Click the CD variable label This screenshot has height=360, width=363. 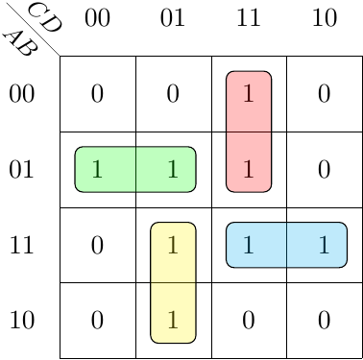pyautogui.click(x=44, y=17)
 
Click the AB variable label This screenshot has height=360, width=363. pyautogui.click(x=21, y=44)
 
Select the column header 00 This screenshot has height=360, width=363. pyautogui.click(x=97, y=18)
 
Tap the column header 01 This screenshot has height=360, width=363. pyautogui.click(x=173, y=18)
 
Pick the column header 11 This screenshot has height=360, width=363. pyautogui.click(x=248, y=18)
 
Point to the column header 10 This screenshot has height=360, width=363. pyautogui.click(x=325, y=18)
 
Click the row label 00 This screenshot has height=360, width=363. pyautogui.click(x=21, y=94)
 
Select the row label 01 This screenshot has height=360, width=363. pyautogui.click(x=21, y=169)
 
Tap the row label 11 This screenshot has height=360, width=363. pyautogui.click(x=22, y=245)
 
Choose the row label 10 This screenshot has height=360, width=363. pyautogui.click(x=22, y=321)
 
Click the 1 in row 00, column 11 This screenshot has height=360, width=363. pyautogui.click(x=249, y=94)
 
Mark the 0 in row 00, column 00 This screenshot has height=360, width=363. pyautogui.click(x=97, y=94)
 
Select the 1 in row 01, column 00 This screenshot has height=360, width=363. pyautogui.click(x=97, y=169)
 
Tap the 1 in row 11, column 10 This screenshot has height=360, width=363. pyautogui.click(x=325, y=245)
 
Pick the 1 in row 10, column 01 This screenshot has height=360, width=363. pyautogui.click(x=173, y=321)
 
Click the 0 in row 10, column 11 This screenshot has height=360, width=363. pyautogui.click(x=249, y=321)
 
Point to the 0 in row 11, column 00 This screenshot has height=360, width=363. pyautogui.click(x=97, y=245)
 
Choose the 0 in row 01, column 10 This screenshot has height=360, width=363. pyautogui.click(x=324, y=169)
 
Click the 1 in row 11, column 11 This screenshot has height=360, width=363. pyautogui.click(x=249, y=245)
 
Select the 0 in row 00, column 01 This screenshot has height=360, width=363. pyautogui.click(x=173, y=94)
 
